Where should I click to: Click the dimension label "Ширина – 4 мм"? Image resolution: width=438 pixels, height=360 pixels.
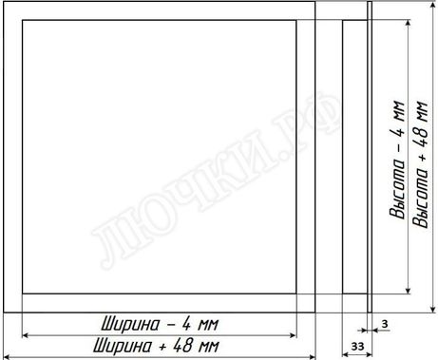(x=161, y=325)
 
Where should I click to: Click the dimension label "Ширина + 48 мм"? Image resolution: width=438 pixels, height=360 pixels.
(x=156, y=346)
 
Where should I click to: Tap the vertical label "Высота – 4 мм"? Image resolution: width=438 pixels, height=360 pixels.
(x=398, y=161)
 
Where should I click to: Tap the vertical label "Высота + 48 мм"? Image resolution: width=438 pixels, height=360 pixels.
(x=421, y=164)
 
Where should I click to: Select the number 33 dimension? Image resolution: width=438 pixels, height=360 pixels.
(x=357, y=346)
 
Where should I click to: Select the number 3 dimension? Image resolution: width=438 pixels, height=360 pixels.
(x=385, y=324)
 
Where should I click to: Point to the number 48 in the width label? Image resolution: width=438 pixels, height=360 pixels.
(x=182, y=346)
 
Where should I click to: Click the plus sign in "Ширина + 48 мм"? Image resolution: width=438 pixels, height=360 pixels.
(x=162, y=347)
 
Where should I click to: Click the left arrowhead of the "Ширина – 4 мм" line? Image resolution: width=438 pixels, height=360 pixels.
(x=26, y=335)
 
